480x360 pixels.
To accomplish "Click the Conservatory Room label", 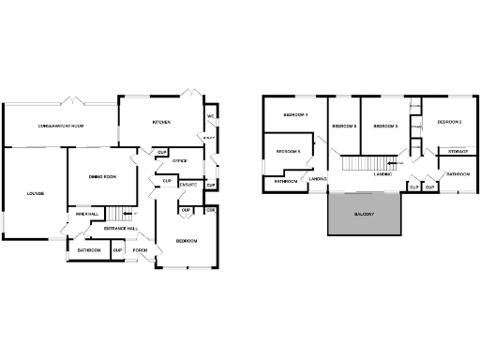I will tap(61, 126).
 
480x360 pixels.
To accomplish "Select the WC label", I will tap(211, 116).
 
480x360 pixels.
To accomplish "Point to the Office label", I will tap(180, 161).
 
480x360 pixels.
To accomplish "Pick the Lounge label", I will tap(22, 193).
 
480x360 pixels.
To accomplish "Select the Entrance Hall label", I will tap(121, 228).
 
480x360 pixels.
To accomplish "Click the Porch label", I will tap(141, 250).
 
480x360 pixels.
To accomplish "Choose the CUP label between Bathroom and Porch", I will tap(117, 250).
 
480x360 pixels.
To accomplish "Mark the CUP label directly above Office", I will tap(162, 152).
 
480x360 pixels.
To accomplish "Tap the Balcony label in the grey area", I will tap(365, 216).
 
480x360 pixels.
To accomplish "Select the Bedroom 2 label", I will tap(450, 122).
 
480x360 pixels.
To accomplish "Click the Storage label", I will tap(457, 151).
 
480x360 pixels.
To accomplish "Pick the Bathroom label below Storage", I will tap(457, 174).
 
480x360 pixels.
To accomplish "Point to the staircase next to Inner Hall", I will tap(112, 214).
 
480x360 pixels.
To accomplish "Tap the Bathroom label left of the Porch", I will tap(89, 250).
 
